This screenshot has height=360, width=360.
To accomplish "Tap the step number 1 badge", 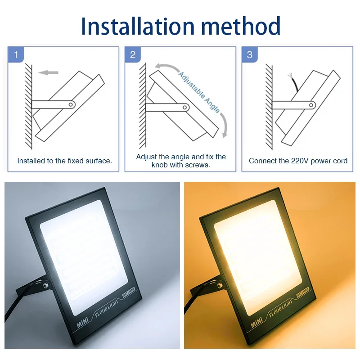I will pyautogui.click(x=16, y=55).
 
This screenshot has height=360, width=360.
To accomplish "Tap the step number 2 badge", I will pyautogui.click(x=133, y=55).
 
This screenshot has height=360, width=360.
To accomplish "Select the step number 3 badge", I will pyautogui.click(x=250, y=55).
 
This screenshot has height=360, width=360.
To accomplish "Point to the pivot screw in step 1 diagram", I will pyautogui.click(x=71, y=104).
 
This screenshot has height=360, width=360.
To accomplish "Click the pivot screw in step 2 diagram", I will pyautogui.click(x=185, y=108).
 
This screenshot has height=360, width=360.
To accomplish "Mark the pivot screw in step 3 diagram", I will pyautogui.click(x=311, y=104).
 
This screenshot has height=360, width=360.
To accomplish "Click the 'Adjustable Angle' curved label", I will pyautogui.click(x=199, y=92).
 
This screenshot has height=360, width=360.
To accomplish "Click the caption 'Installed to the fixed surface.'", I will pyautogui.click(x=64, y=161).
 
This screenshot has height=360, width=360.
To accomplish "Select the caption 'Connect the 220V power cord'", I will pyautogui.click(x=298, y=161).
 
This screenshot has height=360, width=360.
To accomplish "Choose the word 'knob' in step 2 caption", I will pyautogui.click(x=160, y=165).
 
